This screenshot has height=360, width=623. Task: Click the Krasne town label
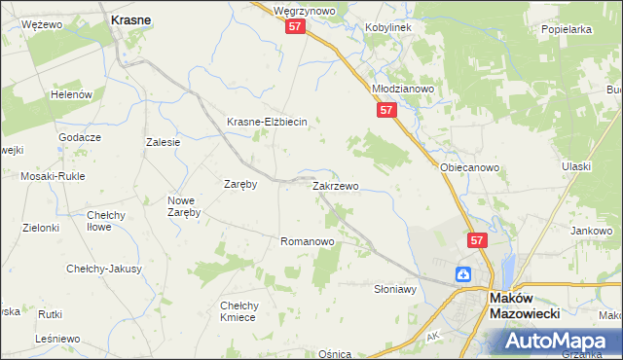(130, 19)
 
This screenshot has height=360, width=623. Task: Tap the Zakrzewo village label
(335, 185)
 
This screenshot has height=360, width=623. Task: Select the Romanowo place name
(307, 240)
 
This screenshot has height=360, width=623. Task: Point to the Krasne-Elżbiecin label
(267, 122)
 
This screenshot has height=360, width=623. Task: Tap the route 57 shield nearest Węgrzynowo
(297, 29)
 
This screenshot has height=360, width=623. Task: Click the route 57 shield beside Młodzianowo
(386, 111)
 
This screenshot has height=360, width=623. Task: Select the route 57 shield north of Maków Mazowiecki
(476, 239)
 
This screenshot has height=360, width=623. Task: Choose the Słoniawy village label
(395, 289)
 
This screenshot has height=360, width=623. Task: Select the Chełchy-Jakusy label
(104, 269)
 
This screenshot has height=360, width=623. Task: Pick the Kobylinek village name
(388, 27)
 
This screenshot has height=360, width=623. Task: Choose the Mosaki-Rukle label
(53, 176)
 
